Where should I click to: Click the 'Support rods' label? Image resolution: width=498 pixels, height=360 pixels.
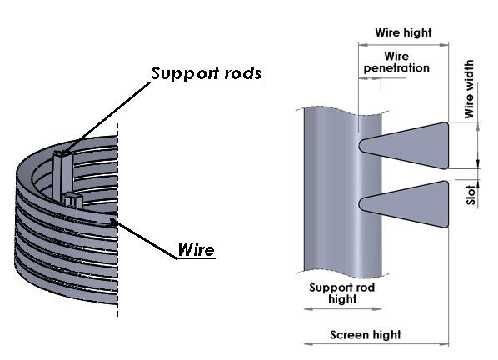(206, 73)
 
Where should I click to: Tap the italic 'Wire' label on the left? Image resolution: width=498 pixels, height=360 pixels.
(196, 250)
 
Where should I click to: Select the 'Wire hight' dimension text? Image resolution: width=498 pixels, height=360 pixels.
(403, 32)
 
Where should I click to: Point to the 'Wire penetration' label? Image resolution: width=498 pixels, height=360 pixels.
(396, 62)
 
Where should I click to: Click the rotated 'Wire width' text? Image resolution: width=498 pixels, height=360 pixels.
(469, 89)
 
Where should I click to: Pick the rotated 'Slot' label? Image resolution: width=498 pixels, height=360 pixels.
(471, 195)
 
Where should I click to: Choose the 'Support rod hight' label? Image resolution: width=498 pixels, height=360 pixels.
(342, 293)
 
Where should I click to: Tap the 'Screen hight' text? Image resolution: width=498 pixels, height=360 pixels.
(366, 335)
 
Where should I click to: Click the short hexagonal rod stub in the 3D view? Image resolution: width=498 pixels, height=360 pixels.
(73, 200)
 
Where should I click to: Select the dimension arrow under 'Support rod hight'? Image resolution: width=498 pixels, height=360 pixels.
(343, 308)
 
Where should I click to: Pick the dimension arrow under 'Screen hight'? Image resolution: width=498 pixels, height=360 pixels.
(376, 343)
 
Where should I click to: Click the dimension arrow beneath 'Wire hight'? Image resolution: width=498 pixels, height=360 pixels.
(403, 45)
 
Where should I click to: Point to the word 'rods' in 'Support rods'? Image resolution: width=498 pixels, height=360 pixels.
(242, 73)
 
